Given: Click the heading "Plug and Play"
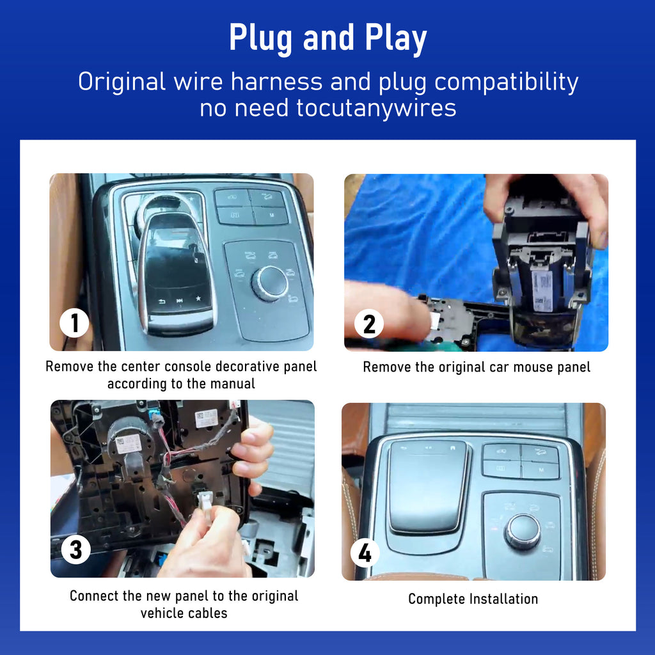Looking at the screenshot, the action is click(x=328, y=38).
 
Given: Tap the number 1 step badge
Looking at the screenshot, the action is click(x=74, y=323).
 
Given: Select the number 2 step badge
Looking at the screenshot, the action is click(x=369, y=324).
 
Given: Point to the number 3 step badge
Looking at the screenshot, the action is click(x=76, y=549).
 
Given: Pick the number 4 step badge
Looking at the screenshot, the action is click(x=365, y=553).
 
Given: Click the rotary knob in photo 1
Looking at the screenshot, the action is click(x=271, y=283).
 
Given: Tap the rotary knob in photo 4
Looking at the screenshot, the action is click(x=523, y=531).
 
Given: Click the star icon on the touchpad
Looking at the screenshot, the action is click(x=198, y=299).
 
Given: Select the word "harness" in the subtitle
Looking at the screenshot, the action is click(x=277, y=81).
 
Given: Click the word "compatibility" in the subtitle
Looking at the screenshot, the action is click(x=507, y=83).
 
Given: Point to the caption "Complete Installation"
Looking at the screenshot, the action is click(x=473, y=599).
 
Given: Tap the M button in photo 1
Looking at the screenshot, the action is click(x=271, y=215).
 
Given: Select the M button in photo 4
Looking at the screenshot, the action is click(x=541, y=470).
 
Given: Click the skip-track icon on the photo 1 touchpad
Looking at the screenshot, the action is click(x=180, y=301).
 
